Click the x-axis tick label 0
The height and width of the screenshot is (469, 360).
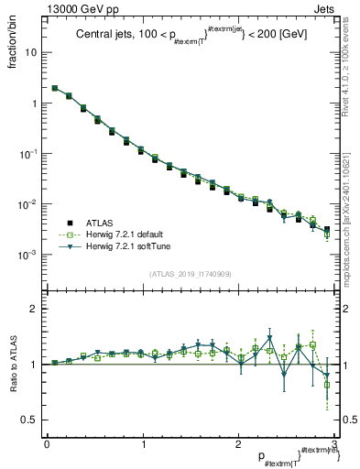point(47,444)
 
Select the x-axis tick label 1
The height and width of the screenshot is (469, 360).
point(142,444)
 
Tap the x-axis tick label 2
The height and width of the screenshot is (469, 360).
point(238,444)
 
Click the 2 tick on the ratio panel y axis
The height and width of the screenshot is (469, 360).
point(36,309)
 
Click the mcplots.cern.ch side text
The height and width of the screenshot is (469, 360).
point(349,192)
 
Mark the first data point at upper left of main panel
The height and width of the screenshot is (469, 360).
point(55,89)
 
